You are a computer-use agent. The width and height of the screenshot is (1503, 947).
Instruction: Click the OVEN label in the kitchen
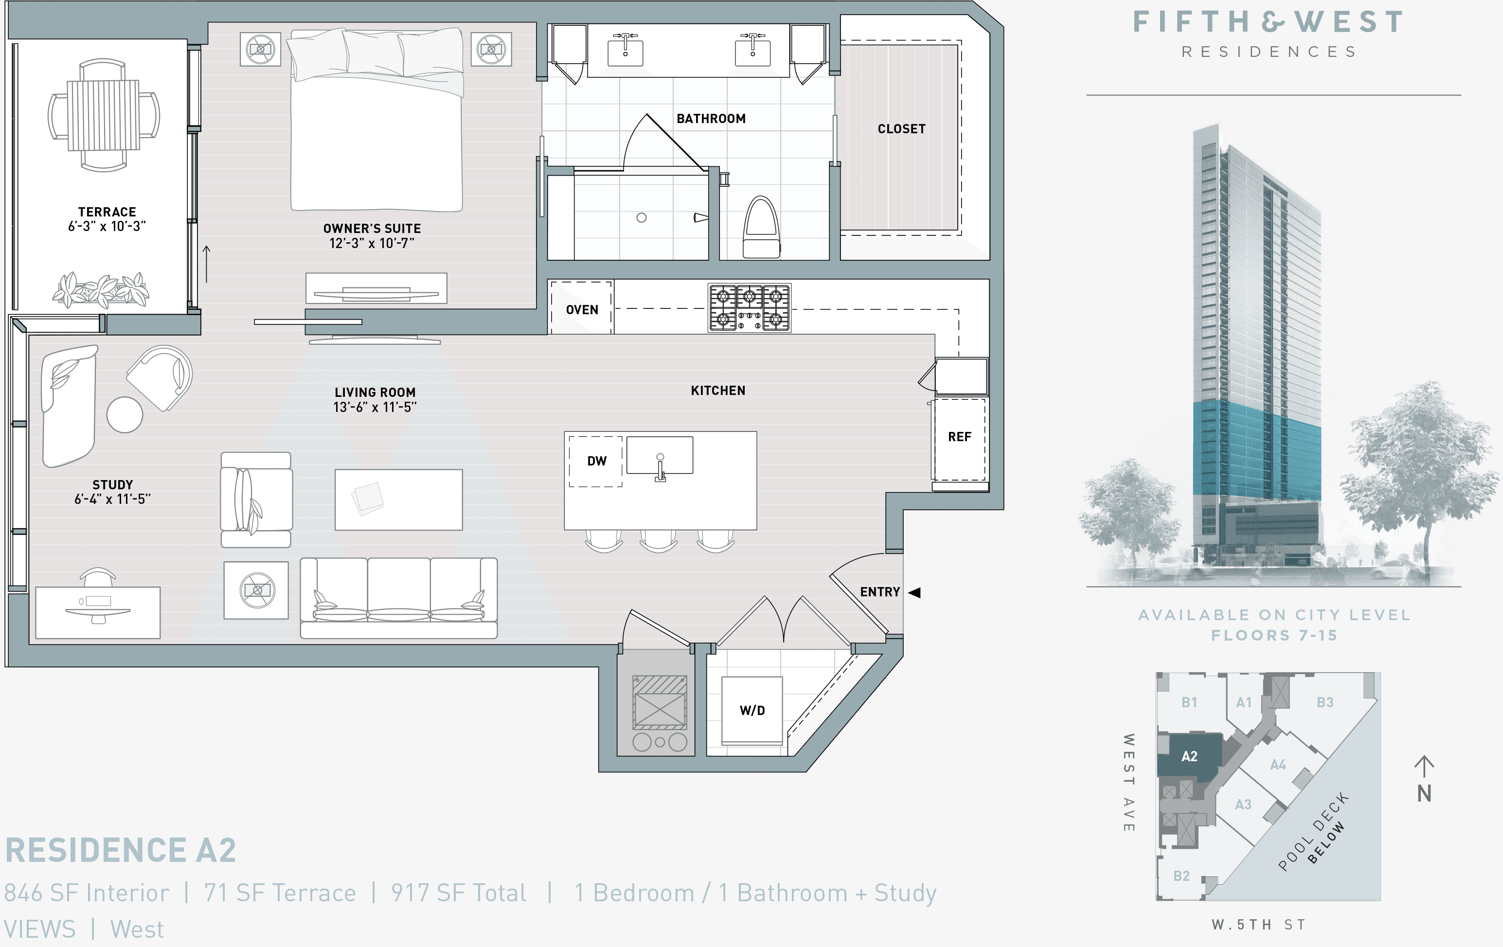coord(582,310)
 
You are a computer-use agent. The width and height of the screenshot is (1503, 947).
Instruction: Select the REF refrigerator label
coord(959,437)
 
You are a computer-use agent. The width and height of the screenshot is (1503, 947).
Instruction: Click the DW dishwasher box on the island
coord(596,461)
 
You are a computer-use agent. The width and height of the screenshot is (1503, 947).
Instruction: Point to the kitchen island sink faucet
coord(661,468)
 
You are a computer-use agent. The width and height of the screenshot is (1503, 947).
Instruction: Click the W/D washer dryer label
coord(752,711)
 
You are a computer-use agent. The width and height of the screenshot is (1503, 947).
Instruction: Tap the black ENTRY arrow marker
coord(915,592)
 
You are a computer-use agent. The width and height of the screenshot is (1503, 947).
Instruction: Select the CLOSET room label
coord(901,129)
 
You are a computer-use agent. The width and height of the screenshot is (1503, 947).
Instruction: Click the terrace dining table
coord(104,115)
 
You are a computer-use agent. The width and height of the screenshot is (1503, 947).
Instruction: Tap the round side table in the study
coord(125,414)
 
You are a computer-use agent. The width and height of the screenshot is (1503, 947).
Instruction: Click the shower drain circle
coord(641,218)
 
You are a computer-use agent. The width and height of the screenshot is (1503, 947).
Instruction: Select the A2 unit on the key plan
coord(1190,756)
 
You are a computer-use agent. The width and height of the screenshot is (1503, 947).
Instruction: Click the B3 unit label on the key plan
coord(1324,702)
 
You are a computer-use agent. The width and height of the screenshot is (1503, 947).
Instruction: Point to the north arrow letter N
coord(1424,793)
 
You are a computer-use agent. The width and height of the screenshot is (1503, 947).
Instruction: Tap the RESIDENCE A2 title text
coord(121,850)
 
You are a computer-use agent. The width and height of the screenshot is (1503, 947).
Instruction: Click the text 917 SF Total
coord(459,893)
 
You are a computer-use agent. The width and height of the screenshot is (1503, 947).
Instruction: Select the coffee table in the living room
coord(398,500)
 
